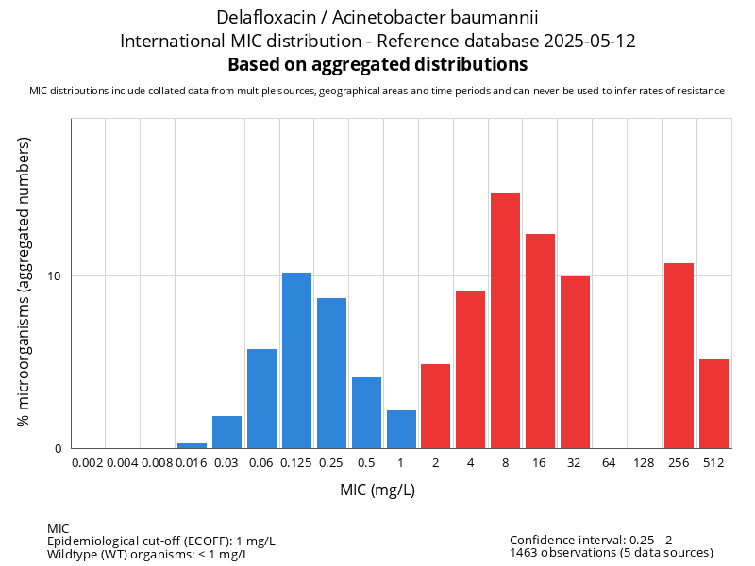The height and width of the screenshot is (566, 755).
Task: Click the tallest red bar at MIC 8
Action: [x=505, y=321]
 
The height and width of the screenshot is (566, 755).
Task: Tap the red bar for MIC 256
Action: [x=679, y=356]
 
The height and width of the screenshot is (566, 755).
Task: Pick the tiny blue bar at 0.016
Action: [x=192, y=445]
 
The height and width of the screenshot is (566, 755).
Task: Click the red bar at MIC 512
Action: [x=713, y=404]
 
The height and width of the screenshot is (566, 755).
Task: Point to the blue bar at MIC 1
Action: [x=401, y=429]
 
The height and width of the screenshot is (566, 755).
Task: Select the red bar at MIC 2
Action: [x=435, y=406]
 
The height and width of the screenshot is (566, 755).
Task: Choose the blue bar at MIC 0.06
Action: [x=261, y=398]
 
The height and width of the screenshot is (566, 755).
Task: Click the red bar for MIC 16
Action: [x=540, y=341]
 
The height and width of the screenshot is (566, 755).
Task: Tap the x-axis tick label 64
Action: [x=610, y=463]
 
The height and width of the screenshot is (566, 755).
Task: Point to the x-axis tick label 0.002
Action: [x=88, y=463]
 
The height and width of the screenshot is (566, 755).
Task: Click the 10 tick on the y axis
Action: [x=55, y=276]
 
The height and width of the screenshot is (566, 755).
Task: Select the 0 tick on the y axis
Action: [x=58, y=448]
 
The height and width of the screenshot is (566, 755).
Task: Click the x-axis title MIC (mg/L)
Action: [x=377, y=491]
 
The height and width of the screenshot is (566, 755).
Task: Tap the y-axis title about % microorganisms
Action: [x=25, y=281]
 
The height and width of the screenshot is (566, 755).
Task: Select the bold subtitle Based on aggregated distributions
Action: [x=377, y=64]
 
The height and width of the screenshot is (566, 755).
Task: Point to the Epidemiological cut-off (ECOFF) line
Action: [x=161, y=541]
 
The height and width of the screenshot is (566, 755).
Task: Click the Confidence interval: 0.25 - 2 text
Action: [x=591, y=540]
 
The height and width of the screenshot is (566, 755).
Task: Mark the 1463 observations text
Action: [x=611, y=552]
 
